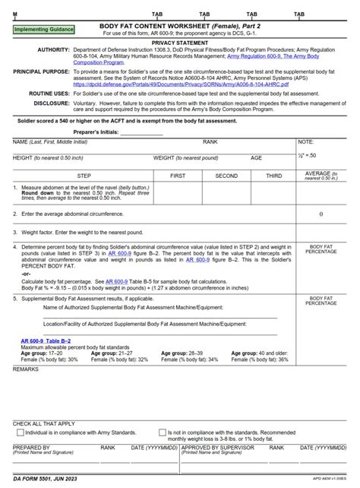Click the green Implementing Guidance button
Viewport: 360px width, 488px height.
click(45, 29)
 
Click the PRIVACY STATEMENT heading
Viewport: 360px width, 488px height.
click(179, 43)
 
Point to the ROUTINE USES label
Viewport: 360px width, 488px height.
click(50, 92)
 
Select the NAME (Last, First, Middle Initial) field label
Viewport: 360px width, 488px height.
click(50, 142)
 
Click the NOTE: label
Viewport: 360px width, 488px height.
click(306, 142)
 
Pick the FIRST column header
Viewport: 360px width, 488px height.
click(178, 175)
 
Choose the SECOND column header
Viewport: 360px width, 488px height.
click(226, 175)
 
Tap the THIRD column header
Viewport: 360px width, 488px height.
click(273, 175)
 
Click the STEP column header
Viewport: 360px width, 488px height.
click(84, 175)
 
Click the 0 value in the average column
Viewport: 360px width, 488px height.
click(321, 214)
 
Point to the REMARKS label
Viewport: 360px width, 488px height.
click(25, 369)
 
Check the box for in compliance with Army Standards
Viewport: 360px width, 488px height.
click(19, 433)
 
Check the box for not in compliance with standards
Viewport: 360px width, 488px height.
click(162, 433)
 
